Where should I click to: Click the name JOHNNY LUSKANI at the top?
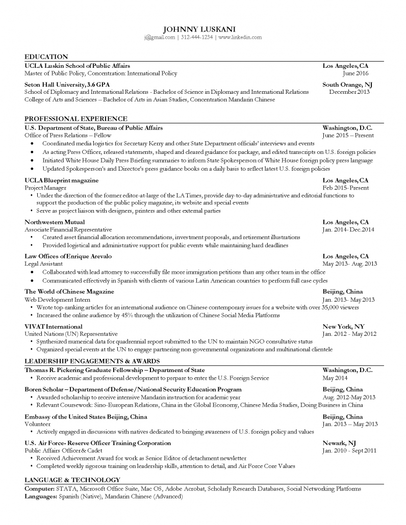[203, 29]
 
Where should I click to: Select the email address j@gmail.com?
[159, 37]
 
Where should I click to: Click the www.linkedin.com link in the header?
[240, 37]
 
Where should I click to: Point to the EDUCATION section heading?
[46, 57]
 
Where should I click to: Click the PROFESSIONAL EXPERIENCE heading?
[75, 119]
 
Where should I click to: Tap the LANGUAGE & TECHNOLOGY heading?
[72, 480]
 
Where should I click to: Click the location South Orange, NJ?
[347, 85]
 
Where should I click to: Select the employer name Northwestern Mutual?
[55, 222]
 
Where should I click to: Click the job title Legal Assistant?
[44, 264]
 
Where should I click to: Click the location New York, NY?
[343, 326]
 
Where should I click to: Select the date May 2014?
[335, 378]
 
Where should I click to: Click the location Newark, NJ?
[339, 443]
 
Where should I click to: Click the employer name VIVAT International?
[54, 326]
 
